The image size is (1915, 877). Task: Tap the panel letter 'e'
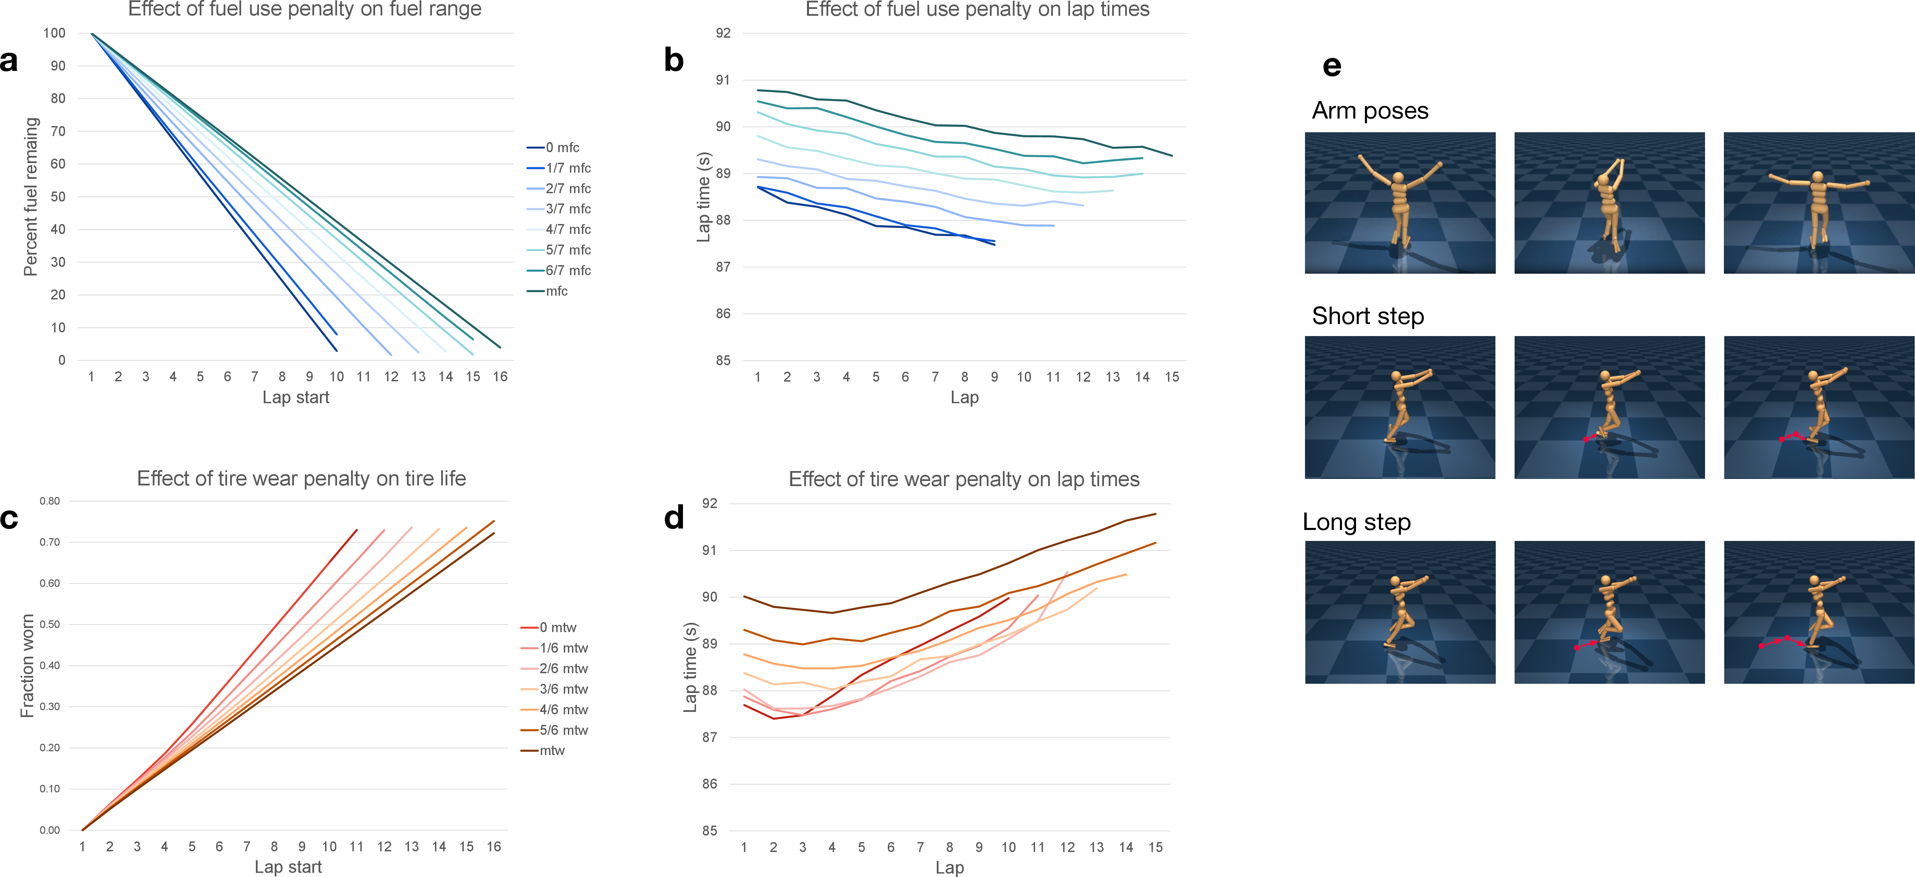[1331, 66]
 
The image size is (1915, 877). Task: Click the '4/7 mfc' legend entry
[559, 229]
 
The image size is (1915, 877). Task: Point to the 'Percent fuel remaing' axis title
[30, 196]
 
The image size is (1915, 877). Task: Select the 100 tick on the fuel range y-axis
[54, 33]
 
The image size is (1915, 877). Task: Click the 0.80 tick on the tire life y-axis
[50, 501]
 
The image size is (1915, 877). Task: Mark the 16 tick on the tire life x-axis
[494, 847]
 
